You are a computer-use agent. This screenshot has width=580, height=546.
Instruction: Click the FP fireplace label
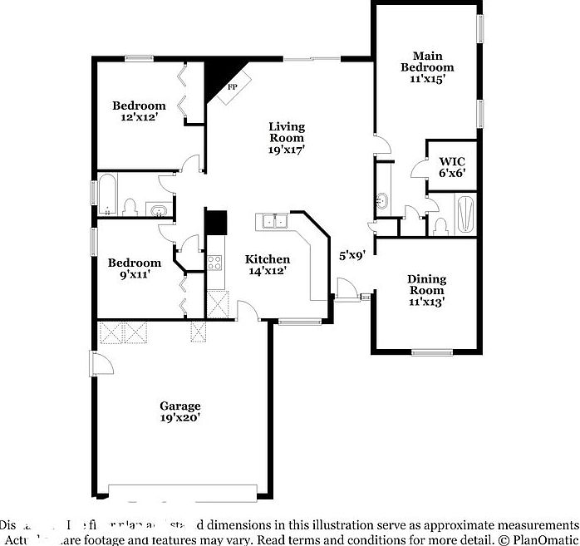point(233,87)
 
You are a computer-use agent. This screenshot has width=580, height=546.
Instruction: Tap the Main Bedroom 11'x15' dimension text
point(427,79)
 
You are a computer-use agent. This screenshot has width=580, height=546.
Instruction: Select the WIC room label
point(451,160)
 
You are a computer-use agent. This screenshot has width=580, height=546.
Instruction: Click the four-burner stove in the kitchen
point(214,264)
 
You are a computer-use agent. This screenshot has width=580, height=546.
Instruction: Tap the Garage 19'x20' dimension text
point(180,418)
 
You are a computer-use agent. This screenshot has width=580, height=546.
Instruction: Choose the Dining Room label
point(426,284)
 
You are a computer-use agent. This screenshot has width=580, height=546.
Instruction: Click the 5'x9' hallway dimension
point(352,257)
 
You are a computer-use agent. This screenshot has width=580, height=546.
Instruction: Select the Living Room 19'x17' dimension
point(287,150)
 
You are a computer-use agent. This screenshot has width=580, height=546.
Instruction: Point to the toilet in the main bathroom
point(440,224)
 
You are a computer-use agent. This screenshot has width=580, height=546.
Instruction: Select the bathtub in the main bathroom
point(464,214)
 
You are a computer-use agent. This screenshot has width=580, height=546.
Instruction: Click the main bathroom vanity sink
point(382,199)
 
